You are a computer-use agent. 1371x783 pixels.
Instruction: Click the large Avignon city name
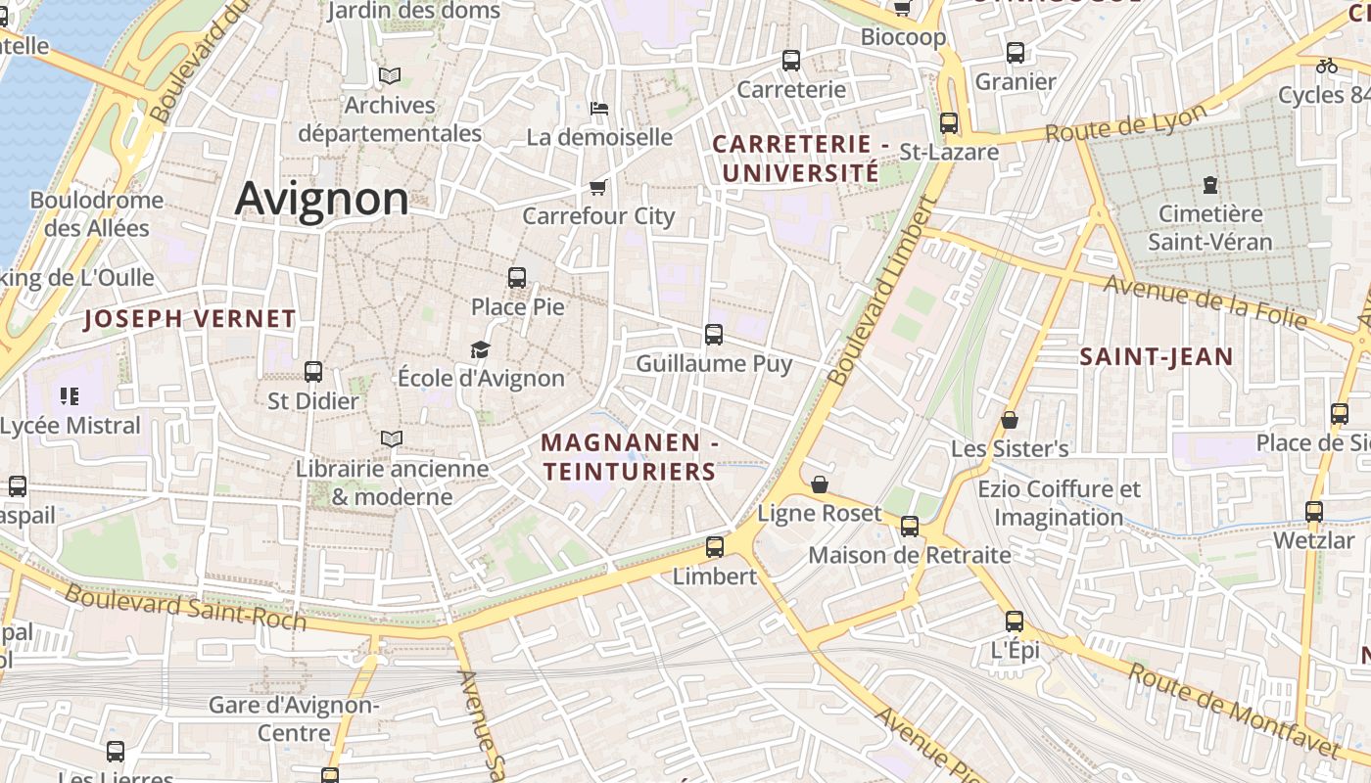(x=321, y=199)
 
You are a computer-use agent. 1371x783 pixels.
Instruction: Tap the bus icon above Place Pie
(x=517, y=277)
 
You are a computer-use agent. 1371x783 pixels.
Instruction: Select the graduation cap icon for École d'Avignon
(x=480, y=349)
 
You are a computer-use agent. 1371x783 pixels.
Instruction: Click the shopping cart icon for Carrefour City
(x=597, y=187)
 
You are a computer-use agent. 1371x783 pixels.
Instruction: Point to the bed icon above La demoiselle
(x=599, y=108)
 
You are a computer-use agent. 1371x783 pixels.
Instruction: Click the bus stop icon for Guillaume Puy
(x=714, y=335)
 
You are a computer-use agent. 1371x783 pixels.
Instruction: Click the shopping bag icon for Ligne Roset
(x=820, y=484)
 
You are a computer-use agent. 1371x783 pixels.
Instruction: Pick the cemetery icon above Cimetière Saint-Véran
(x=1210, y=184)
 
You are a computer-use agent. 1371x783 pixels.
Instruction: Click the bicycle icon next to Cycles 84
(x=1327, y=66)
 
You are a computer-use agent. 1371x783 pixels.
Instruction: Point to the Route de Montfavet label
(x=1232, y=710)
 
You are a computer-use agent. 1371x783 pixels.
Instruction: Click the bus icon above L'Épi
(x=1015, y=622)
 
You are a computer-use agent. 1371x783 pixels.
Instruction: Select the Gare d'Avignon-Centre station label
(x=294, y=718)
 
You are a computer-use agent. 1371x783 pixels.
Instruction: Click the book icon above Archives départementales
(x=390, y=75)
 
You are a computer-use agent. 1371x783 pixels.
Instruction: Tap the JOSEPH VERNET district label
(x=190, y=319)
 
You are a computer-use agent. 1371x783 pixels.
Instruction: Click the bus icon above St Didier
(x=313, y=372)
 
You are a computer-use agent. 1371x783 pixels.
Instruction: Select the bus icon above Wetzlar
(x=1314, y=511)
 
